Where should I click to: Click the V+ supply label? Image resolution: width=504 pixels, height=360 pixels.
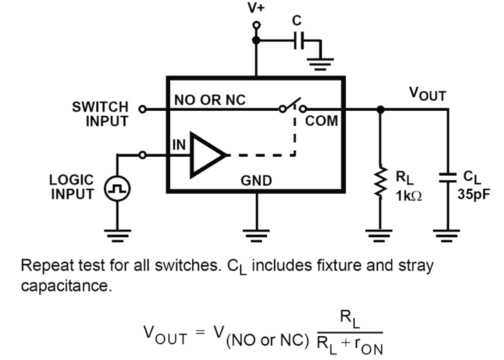click(256, 8)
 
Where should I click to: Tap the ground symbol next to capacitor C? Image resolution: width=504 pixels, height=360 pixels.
click(320, 62)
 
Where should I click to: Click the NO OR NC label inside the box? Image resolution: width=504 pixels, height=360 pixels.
click(209, 101)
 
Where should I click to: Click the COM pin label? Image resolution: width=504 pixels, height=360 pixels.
click(322, 121)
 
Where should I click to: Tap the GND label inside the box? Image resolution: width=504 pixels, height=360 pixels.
click(256, 181)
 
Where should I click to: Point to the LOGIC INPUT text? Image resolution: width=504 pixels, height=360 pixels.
click(71, 187)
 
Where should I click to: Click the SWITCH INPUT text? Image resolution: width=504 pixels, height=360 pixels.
click(100, 114)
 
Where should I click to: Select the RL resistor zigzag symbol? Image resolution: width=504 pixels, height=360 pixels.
click(380, 182)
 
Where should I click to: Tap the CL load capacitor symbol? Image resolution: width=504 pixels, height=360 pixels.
click(448, 178)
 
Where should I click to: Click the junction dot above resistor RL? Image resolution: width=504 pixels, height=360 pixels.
click(380, 109)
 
